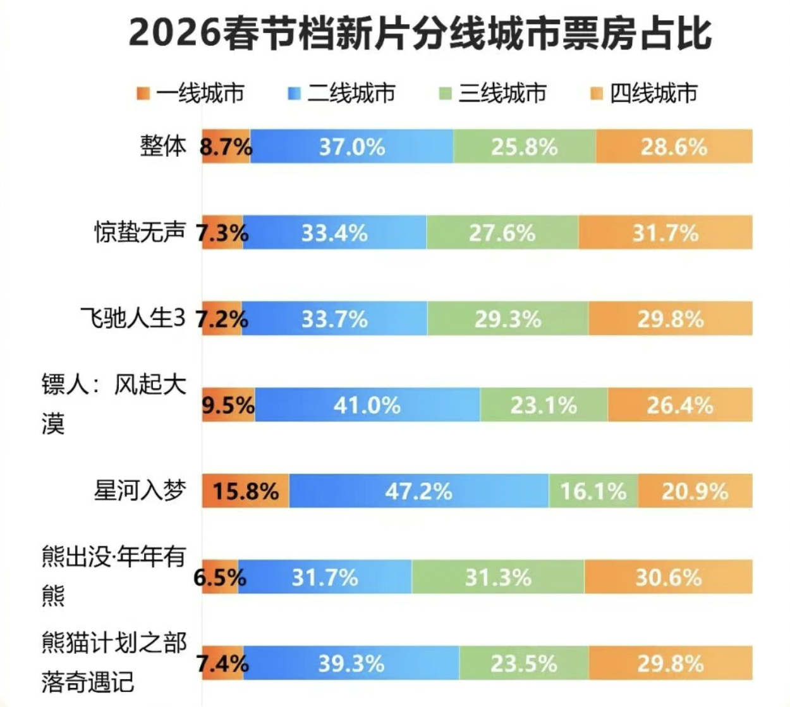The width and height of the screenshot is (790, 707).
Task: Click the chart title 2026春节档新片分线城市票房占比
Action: [x=420, y=33]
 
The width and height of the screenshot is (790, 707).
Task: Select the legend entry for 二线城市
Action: [x=342, y=94]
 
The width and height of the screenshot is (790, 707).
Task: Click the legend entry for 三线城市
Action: [x=493, y=94]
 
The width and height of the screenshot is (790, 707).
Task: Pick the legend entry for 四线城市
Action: [x=644, y=94]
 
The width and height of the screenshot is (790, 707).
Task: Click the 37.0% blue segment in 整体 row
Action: [x=351, y=147]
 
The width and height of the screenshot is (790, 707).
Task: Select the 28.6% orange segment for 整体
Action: [x=674, y=147]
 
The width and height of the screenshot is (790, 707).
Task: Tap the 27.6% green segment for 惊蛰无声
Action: [x=502, y=233]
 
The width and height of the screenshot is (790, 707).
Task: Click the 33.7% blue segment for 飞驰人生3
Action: [x=334, y=319]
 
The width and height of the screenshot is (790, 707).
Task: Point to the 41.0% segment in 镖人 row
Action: [x=367, y=405]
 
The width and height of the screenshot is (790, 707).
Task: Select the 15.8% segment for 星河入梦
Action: [x=245, y=491]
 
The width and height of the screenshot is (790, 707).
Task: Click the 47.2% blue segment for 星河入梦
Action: [x=418, y=491]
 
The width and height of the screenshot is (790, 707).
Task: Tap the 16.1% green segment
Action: [x=593, y=491]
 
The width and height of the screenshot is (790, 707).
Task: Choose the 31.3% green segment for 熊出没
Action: [x=498, y=577]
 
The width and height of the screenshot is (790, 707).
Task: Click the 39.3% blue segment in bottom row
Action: [x=351, y=663]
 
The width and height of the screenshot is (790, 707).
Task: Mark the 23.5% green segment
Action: [x=524, y=663]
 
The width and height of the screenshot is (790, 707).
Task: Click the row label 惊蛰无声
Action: [x=140, y=232]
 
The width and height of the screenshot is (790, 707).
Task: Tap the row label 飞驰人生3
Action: [x=133, y=318]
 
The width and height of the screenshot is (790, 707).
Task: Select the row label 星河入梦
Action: [x=140, y=490]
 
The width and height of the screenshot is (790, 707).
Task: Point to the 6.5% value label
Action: [x=219, y=577]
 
